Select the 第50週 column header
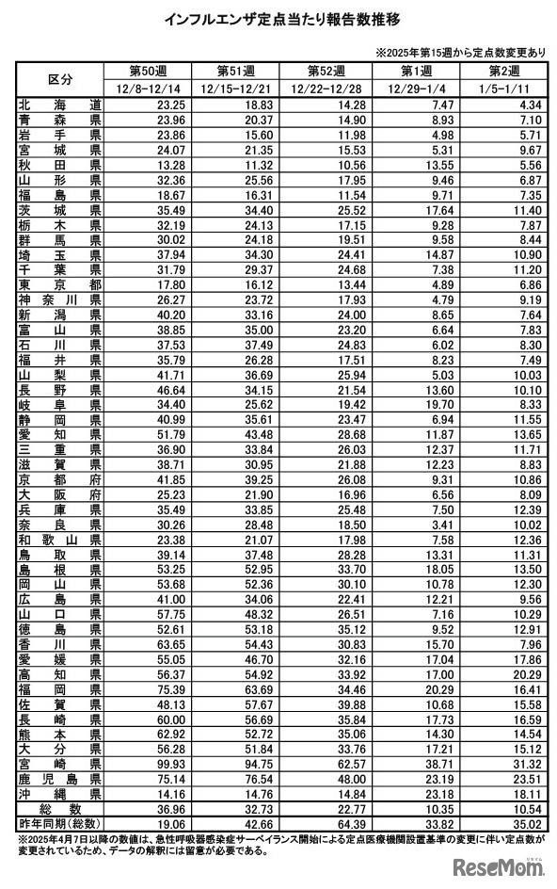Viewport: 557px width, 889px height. click(x=147, y=71)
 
